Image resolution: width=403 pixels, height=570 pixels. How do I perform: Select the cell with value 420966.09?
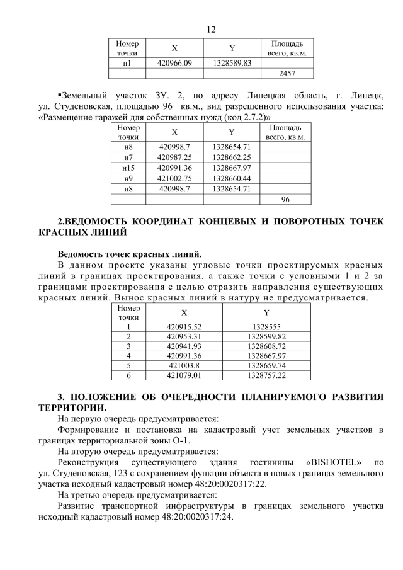click(174, 63)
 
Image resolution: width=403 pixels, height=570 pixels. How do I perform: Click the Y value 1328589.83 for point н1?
click(232, 63)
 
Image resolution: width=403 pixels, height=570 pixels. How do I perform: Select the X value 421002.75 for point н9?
click(174, 178)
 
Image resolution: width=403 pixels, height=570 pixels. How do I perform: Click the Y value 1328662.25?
click(232, 156)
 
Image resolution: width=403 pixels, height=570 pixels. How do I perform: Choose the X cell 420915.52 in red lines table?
click(184, 327)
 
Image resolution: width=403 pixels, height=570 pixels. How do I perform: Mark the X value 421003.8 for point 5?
click(184, 365)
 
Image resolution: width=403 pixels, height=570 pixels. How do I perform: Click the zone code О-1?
click(180, 440)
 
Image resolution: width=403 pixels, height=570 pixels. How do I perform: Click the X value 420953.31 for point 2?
click(184, 337)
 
